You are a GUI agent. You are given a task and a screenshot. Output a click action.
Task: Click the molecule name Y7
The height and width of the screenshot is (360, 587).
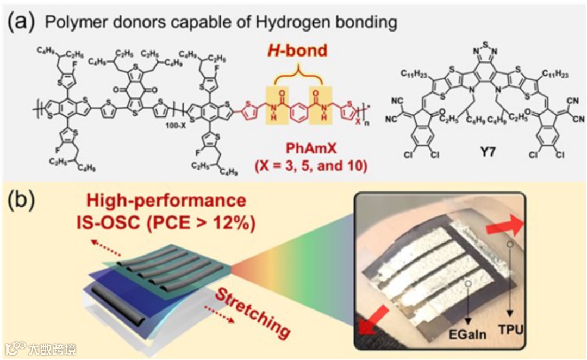pos(480,146)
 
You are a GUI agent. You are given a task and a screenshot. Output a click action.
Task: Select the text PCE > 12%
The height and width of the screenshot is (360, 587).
pos(218,223)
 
